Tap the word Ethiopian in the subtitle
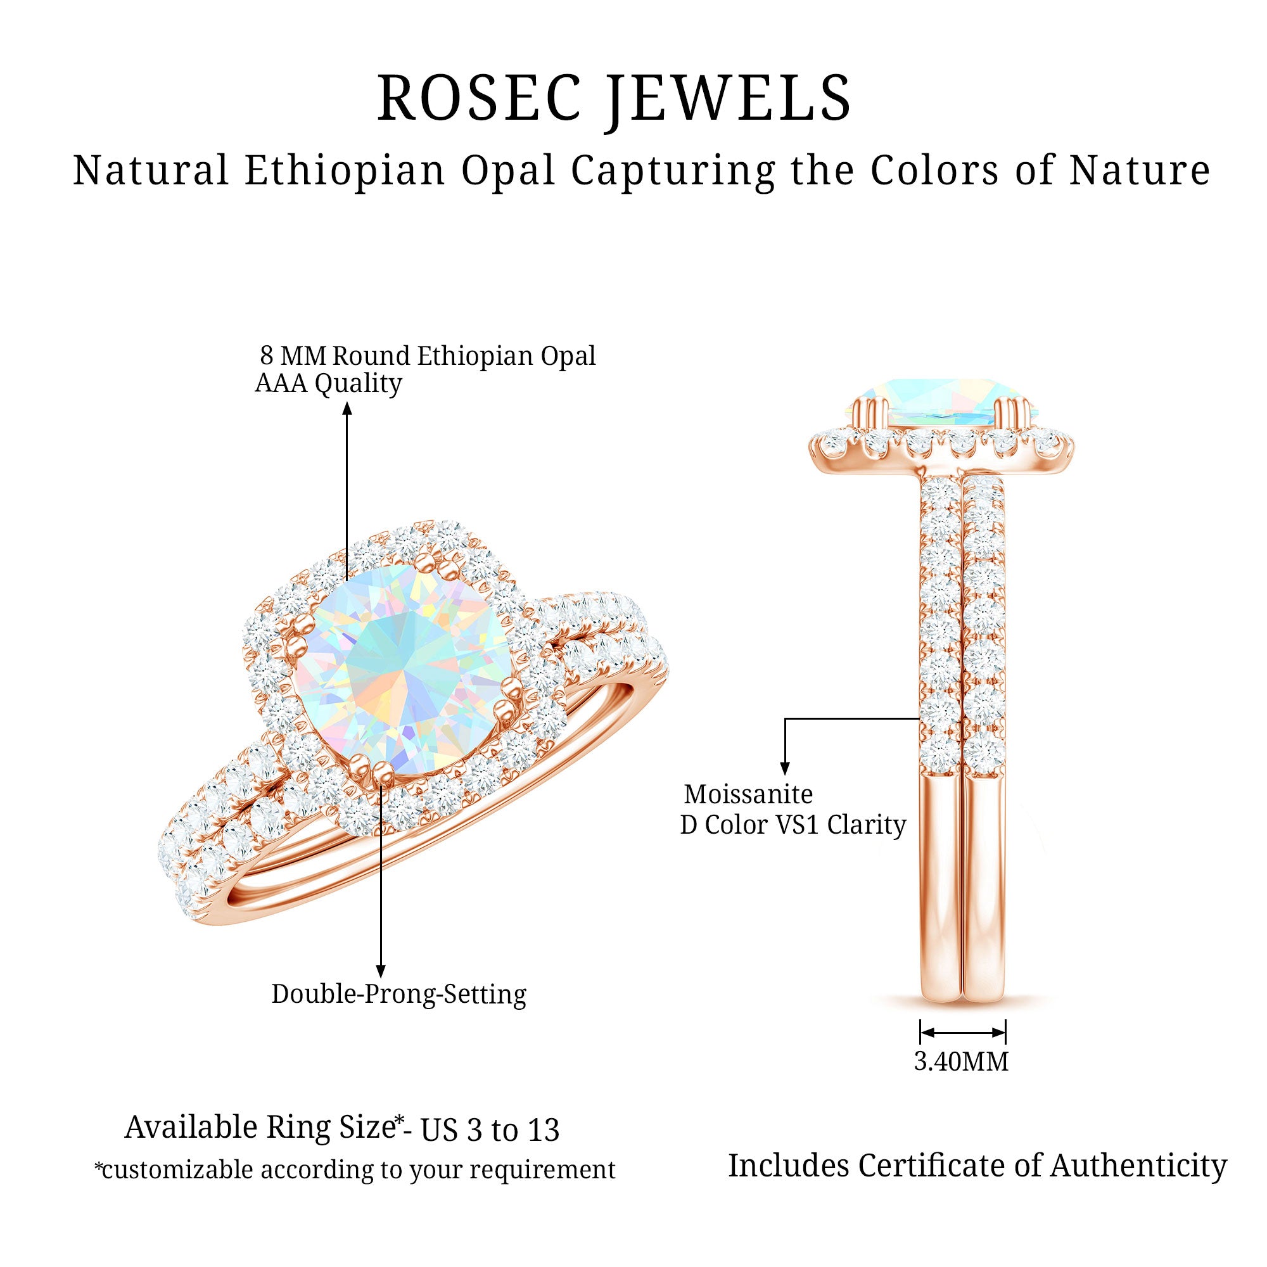tap(345, 170)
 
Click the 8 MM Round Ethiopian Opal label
tap(428, 356)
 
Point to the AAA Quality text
tap(328, 384)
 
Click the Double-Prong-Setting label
tap(398, 994)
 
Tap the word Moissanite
tap(748, 794)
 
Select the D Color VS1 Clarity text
tap(793, 825)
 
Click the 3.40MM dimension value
tap(962, 1061)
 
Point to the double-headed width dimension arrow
tap(963, 1032)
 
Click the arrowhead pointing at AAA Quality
tap(348, 408)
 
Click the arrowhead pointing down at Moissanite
tap(785, 768)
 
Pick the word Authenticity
tap(1138, 1166)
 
